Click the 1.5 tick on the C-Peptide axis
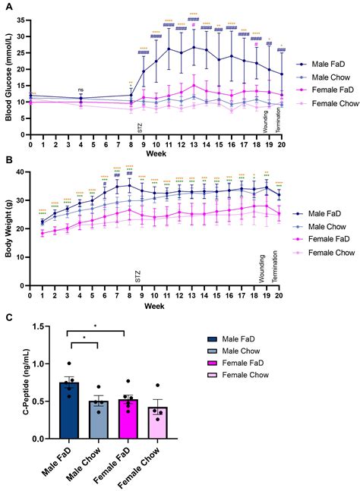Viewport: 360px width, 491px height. [x=45, y=326]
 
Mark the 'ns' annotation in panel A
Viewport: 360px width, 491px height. [x=81, y=90]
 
